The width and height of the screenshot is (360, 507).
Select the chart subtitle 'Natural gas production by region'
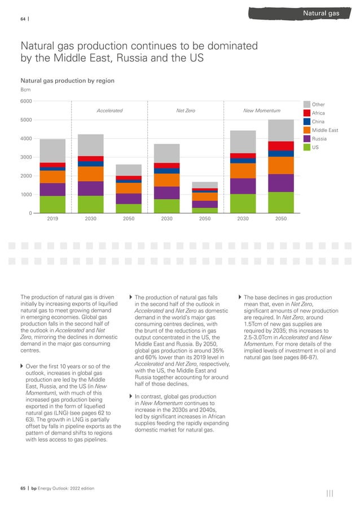click(x=67, y=81)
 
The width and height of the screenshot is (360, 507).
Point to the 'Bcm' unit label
click(x=25, y=90)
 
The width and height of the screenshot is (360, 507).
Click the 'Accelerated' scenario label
click(x=109, y=111)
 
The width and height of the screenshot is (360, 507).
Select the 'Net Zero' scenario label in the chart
click(x=186, y=111)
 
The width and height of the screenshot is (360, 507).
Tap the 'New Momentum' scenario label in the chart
click(x=261, y=111)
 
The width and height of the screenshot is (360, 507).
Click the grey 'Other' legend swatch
click(x=307, y=104)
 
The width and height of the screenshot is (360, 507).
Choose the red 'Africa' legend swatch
click(x=307, y=113)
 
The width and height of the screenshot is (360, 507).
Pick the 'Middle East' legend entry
click(x=326, y=130)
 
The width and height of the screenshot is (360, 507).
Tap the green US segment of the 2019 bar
click(x=52, y=204)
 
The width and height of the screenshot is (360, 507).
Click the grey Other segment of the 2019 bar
click(x=52, y=151)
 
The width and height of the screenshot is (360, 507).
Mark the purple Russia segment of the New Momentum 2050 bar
click(x=280, y=183)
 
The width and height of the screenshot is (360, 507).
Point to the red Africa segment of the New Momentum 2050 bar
click(x=280, y=146)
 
